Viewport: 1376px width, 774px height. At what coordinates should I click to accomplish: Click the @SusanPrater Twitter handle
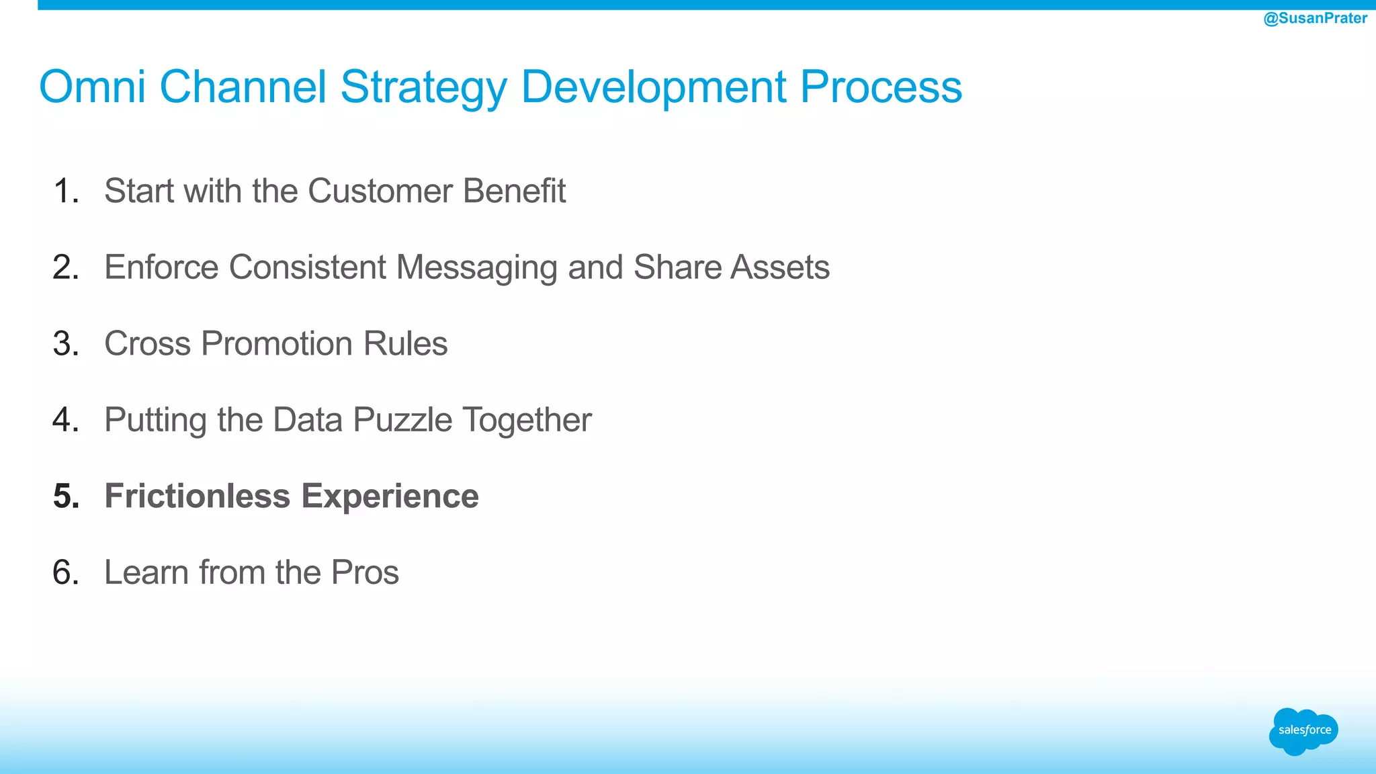1315,18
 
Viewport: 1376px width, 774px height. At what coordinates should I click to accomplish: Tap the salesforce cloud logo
1303,731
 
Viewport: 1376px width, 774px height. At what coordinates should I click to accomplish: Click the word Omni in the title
92,87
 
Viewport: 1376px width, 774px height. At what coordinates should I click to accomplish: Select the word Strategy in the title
423,88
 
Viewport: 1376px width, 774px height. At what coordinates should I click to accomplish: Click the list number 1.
65,191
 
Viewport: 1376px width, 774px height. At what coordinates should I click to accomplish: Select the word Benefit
514,191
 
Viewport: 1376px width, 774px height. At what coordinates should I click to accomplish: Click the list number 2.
65,267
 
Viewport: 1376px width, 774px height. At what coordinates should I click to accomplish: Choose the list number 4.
65,420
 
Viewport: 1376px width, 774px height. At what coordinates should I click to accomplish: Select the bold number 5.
66,497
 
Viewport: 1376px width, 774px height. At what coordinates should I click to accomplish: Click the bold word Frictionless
198,497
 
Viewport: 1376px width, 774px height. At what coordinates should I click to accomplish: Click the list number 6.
65,572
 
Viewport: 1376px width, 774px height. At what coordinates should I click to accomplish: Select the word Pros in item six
365,572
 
